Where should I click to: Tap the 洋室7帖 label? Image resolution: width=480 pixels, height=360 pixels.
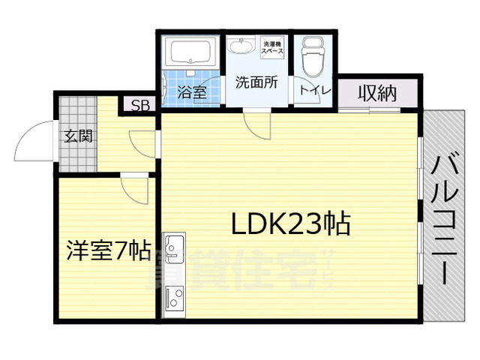coord(108,249)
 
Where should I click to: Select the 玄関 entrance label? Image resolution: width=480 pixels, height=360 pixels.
coord(77,136)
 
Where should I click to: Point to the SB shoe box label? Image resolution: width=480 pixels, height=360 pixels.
coord(139,106)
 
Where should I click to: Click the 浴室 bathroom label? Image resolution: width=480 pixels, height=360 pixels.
coord(191,92)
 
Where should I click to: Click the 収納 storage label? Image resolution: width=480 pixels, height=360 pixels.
coord(376,94)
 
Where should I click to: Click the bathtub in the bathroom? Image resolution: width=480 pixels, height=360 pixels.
coord(190,54)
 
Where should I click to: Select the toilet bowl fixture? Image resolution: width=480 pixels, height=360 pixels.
coord(311,56)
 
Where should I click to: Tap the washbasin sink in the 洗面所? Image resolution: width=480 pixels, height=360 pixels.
coord(242,49)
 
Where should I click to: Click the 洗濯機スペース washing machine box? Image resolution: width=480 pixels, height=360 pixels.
coord(271,48)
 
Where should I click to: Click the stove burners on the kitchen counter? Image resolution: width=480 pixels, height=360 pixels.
coord(174,296)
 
